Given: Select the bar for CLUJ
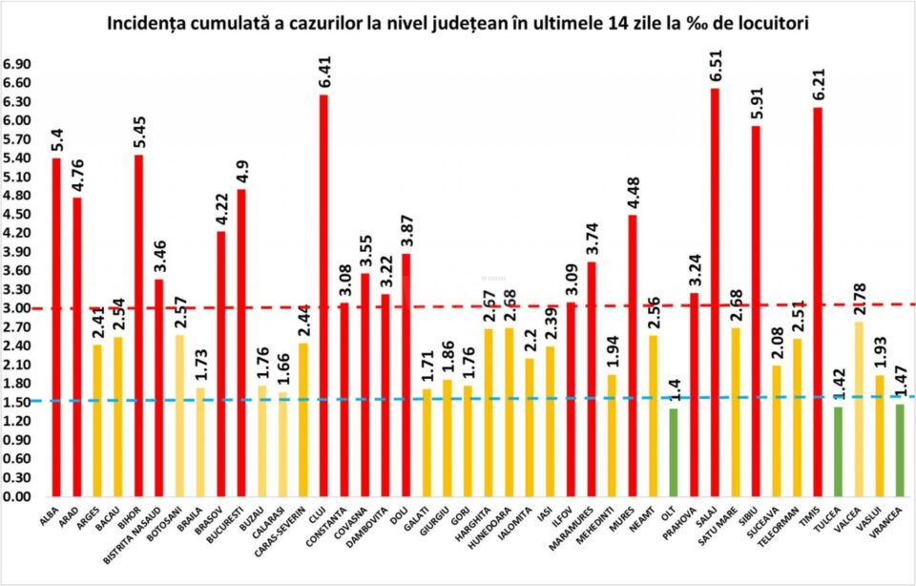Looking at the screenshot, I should (323, 296).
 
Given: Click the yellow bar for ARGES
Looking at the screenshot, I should (97, 421).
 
